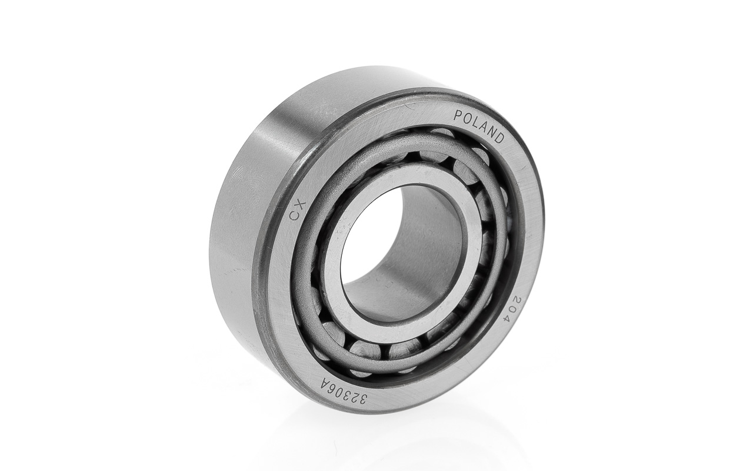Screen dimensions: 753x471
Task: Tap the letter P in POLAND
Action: click(458, 116)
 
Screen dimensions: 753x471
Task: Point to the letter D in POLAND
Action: click(500, 138)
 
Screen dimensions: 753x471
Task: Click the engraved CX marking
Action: click(297, 211)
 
